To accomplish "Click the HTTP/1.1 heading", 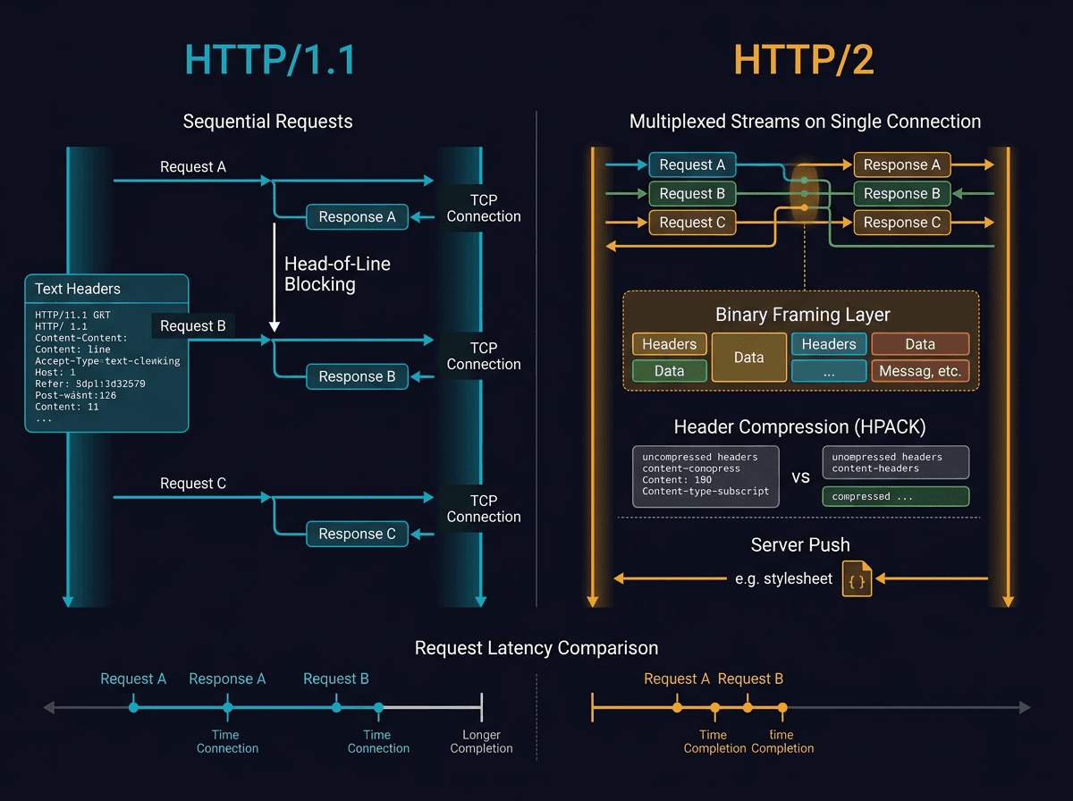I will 270,60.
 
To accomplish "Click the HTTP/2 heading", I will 804,60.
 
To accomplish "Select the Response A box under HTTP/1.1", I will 357,216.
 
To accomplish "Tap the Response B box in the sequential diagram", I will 357,376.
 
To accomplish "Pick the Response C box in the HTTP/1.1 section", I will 357,534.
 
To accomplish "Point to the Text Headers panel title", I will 78,289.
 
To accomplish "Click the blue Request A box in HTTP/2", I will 691,164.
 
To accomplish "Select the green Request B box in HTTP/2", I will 691,193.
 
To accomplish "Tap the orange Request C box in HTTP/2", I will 691,223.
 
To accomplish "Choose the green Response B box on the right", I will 901,193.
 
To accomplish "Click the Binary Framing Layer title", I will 802,315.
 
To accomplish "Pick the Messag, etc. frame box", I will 920,371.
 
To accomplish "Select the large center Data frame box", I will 748,358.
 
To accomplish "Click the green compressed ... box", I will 895,496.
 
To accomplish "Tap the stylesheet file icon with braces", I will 857,578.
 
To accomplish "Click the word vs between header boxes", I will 800,476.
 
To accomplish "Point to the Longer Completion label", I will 481,741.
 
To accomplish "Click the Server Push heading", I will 800,544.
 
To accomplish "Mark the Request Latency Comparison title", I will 536,648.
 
